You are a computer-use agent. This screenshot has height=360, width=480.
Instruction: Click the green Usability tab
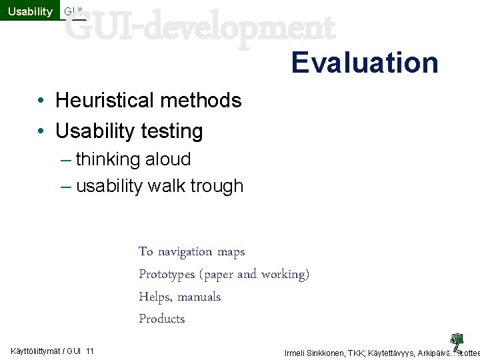30,11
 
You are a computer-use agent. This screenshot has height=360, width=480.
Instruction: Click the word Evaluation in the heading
365,63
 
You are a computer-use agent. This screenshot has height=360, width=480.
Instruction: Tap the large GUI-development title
200,28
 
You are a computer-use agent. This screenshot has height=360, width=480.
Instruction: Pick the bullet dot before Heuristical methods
41,101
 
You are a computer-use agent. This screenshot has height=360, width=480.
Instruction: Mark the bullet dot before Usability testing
41,132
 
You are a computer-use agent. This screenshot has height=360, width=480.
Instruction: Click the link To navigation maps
191,252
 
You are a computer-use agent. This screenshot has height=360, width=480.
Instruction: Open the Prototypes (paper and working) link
224,274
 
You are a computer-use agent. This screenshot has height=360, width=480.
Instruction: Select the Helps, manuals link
179,297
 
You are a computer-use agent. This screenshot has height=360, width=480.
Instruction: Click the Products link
161,319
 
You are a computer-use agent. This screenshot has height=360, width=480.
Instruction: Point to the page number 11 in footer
90,351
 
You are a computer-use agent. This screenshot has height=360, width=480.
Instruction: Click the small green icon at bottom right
457,341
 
